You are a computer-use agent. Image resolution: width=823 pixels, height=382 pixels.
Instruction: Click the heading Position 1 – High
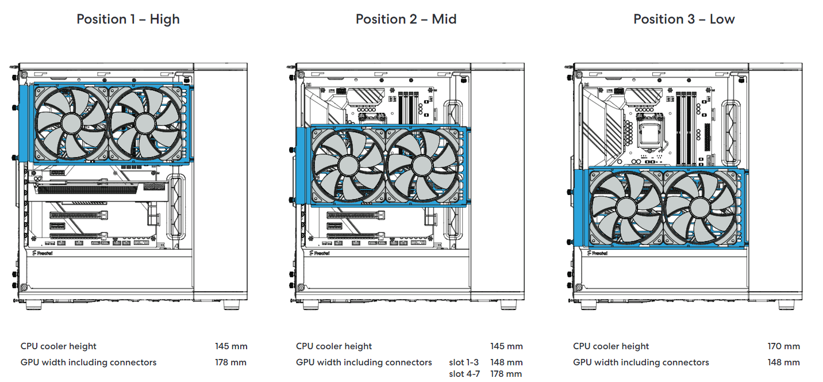coord(128,19)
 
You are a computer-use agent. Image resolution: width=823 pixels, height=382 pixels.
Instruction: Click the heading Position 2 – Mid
coord(406,19)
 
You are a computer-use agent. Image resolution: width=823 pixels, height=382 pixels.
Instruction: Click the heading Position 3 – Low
coord(684,19)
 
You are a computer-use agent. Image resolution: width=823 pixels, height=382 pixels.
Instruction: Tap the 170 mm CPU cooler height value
coord(783,346)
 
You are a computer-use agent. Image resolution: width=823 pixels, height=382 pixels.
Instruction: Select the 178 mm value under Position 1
coord(231,362)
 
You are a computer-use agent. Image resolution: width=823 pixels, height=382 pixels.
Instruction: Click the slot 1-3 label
coord(463,362)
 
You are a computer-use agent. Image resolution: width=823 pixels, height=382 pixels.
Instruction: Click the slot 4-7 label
coord(463,374)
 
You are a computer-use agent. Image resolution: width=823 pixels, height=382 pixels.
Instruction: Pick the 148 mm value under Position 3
coord(783,362)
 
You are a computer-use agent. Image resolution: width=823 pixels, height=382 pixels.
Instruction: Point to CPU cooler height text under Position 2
coord(334,346)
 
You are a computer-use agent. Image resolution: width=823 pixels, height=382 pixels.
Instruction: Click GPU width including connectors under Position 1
coord(89,362)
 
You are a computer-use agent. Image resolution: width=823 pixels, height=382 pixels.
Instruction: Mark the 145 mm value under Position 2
coord(506,346)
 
